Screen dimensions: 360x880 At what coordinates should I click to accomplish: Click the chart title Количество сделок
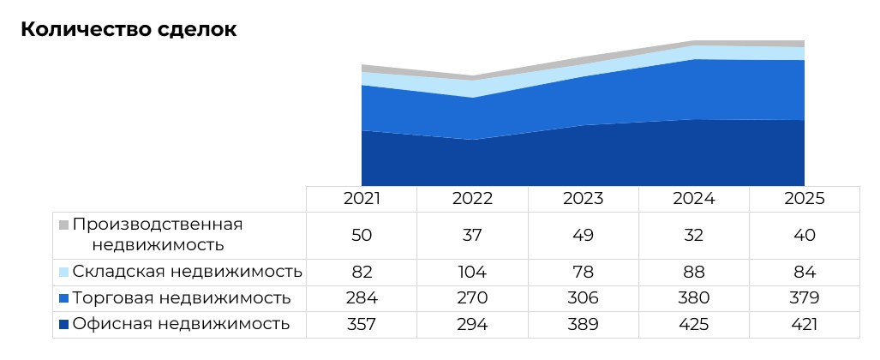coord(129,29)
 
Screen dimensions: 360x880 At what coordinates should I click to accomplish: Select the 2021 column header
coord(362,198)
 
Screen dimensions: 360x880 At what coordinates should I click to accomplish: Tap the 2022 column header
coord(472,198)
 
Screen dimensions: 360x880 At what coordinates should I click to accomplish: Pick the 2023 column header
coord(583,198)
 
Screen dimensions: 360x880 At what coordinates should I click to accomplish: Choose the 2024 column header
coord(694,198)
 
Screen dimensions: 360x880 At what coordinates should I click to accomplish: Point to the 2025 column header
coord(805,198)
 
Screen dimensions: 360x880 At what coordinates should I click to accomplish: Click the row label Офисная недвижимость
coord(181,324)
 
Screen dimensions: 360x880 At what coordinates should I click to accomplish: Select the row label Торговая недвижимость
coord(182,298)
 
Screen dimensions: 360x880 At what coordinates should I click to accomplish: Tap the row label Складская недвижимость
coord(187,272)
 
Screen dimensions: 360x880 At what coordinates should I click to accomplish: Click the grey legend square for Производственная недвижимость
coord(63,225)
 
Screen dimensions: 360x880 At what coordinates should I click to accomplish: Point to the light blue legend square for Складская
coord(63,272)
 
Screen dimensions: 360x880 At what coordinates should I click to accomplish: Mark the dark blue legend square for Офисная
coord(63,325)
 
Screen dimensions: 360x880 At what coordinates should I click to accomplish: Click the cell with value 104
coord(472,272)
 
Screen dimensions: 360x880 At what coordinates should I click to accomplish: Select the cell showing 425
coord(694,324)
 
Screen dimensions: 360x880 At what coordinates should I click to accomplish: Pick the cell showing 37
coord(472,235)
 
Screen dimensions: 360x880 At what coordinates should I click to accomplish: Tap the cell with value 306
coord(583,298)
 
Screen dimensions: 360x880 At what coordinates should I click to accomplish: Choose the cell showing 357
coord(362,324)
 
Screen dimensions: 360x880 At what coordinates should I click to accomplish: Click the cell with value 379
coord(805,298)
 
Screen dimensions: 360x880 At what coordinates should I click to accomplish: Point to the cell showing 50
coord(362,235)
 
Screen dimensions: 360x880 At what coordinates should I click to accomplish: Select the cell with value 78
coord(583,272)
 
